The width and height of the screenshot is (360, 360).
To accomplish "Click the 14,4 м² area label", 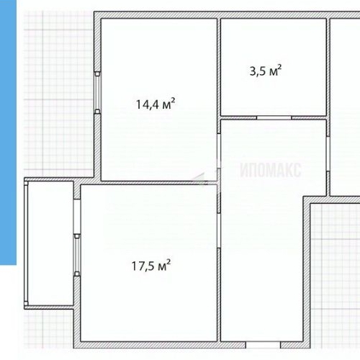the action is pyautogui.click(x=156, y=104).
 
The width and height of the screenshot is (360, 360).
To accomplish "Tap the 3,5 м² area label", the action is pyautogui.click(x=266, y=71).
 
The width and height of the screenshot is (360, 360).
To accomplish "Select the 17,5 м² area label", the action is pyautogui.click(x=151, y=265).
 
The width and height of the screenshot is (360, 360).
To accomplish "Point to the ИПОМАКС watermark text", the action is pyautogui.click(x=271, y=170).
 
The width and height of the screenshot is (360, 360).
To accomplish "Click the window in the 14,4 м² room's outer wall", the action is pyautogui.click(x=97, y=93).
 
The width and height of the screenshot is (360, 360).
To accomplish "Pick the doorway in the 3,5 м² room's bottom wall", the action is pyautogui.click(x=274, y=117).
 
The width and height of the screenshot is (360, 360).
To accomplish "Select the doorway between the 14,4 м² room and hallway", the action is pyautogui.click(x=219, y=150).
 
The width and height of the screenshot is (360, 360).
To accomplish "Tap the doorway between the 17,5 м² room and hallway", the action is pyautogui.click(x=219, y=230).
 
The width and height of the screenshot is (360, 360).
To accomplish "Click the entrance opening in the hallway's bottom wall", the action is pyautogui.click(x=263, y=345).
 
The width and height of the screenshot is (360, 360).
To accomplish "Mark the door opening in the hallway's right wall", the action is pyautogui.click(x=328, y=154).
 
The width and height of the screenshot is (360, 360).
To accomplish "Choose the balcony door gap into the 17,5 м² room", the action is pyautogui.click(x=77, y=217).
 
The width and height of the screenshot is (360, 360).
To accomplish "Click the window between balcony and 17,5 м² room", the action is pyautogui.click(x=77, y=255).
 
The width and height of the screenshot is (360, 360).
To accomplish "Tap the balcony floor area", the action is pyautogui.click(x=50, y=243).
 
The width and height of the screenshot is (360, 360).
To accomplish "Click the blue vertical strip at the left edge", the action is pyautogui.click(x=8, y=132).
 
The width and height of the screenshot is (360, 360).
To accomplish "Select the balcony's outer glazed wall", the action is pyautogui.click(x=26, y=243).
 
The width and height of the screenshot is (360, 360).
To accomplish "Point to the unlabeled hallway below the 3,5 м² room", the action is pyautogui.click(x=261, y=230).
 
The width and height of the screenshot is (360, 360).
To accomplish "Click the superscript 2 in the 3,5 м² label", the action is pyautogui.click(x=279, y=67).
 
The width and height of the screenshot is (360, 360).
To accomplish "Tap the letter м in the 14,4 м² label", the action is pyautogui.click(x=166, y=105).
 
